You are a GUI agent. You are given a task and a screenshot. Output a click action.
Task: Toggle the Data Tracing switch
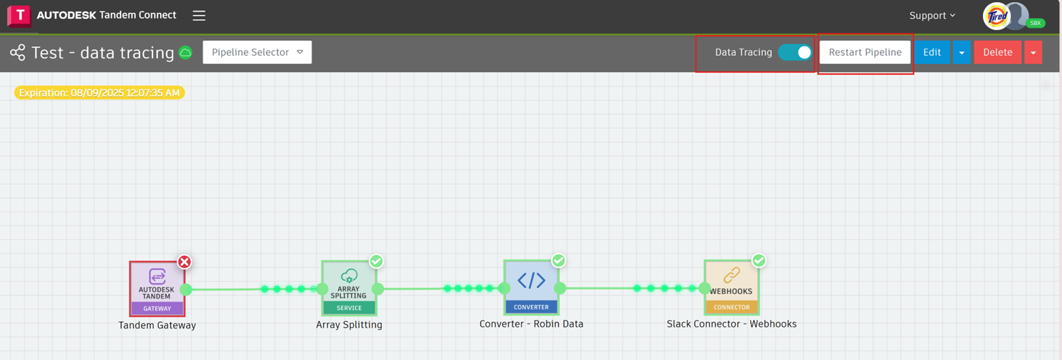click(x=794, y=52)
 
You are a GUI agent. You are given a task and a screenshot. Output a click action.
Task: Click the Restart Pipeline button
click(x=865, y=52)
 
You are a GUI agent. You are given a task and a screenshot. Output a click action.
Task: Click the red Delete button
click(x=997, y=52)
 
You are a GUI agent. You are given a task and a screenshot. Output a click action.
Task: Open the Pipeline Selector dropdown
click(x=257, y=52)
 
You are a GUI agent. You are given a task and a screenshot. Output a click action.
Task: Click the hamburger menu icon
click(x=199, y=16)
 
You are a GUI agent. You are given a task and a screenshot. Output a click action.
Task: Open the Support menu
click(x=932, y=16)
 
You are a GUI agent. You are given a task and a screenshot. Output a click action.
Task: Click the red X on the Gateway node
click(x=184, y=262)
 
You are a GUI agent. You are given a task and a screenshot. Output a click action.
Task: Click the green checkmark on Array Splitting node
click(x=376, y=261)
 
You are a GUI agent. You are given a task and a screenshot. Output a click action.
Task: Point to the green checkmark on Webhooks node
click(x=759, y=261)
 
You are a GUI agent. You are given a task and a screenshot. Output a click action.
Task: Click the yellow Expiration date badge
click(x=99, y=93)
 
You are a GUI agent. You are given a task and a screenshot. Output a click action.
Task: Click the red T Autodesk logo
click(x=19, y=16)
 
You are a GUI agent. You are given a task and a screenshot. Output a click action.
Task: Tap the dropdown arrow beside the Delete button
click(x=1033, y=52)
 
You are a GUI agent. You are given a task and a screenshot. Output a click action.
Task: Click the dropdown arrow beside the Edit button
click(x=961, y=52)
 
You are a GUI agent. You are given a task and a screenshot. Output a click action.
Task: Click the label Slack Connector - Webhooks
click(x=731, y=324)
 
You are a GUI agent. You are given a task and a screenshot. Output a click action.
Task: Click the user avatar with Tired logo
click(x=997, y=16)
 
